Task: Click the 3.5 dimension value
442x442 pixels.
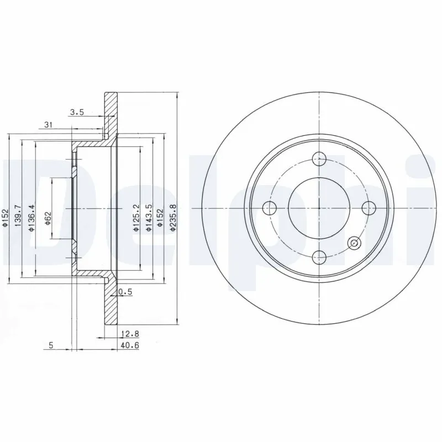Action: pos(76,113)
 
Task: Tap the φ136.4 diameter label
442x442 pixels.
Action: pos(32,218)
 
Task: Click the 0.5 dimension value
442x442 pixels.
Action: pos(125,293)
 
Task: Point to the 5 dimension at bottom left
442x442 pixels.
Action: pos(51,346)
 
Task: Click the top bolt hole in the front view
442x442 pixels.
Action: pos(319,159)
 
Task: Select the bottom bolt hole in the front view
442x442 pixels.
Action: pos(319,256)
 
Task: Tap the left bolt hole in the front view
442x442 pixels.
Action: pos(270,208)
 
